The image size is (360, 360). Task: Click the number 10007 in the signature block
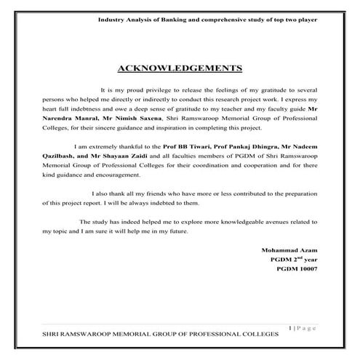coord(308,270)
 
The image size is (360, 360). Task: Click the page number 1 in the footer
coord(291,328)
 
